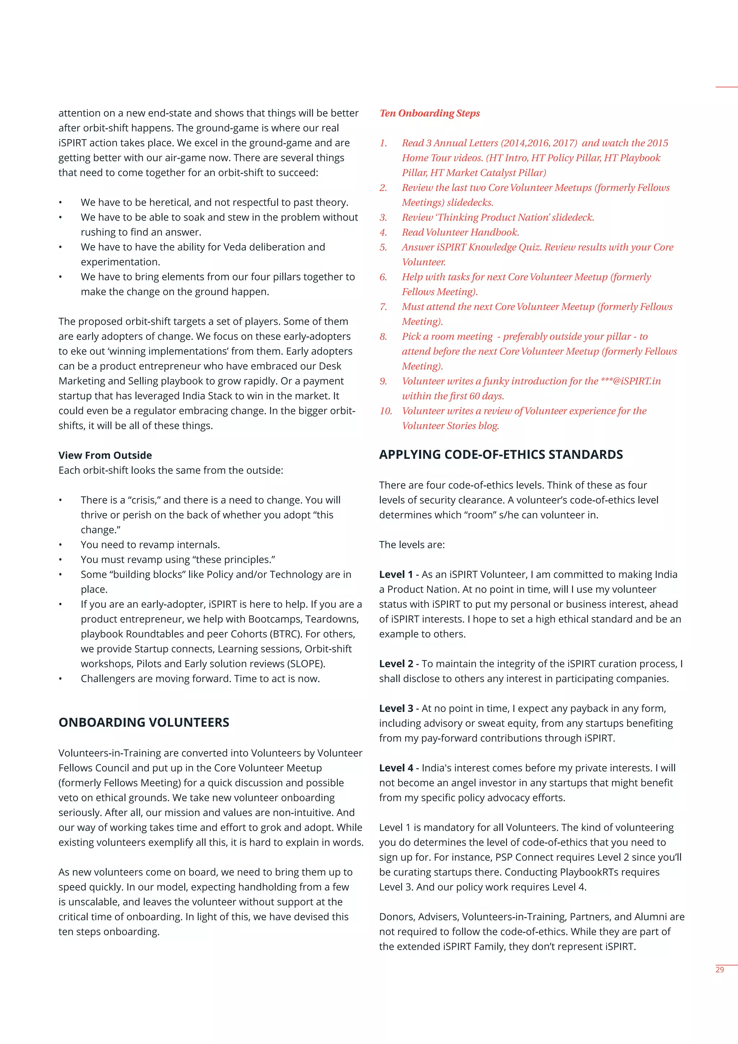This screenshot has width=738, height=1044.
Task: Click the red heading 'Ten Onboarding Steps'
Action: pyautogui.click(x=430, y=113)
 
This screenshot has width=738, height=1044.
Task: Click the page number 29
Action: pyautogui.click(x=719, y=970)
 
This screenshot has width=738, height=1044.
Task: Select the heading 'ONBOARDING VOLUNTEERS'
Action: pyautogui.click(x=144, y=722)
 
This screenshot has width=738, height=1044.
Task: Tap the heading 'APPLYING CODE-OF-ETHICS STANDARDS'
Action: pyautogui.click(x=501, y=455)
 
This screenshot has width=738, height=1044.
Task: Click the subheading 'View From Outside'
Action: pyautogui.click(x=105, y=455)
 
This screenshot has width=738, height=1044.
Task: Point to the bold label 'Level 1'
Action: pyautogui.click(x=396, y=574)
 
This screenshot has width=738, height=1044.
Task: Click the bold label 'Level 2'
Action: pyautogui.click(x=396, y=664)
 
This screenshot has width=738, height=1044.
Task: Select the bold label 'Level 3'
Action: pyautogui.click(x=396, y=708)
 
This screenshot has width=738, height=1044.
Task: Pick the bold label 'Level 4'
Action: pyautogui.click(x=396, y=768)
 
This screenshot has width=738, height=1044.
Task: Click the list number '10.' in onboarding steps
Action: pyautogui.click(x=386, y=411)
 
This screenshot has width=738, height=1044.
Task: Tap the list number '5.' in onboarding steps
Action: pyautogui.click(x=383, y=247)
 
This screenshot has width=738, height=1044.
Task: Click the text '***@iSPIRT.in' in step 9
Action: pyautogui.click(x=630, y=381)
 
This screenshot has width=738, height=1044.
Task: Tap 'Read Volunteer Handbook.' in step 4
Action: pyautogui.click(x=460, y=233)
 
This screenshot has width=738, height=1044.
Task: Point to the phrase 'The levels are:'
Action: pyautogui.click(x=412, y=545)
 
